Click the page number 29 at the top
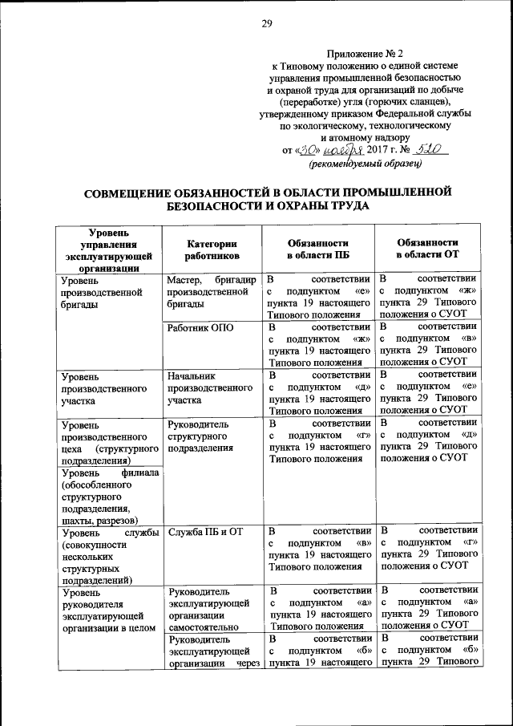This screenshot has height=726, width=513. pos(267,23)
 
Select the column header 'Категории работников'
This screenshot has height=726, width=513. pos(212,249)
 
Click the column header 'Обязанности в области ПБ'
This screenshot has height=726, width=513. pos(319,249)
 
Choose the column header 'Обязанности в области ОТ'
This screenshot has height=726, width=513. pos(428,248)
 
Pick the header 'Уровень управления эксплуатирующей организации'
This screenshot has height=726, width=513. pos(104,249)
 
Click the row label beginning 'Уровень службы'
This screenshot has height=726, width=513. pos(104,554)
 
